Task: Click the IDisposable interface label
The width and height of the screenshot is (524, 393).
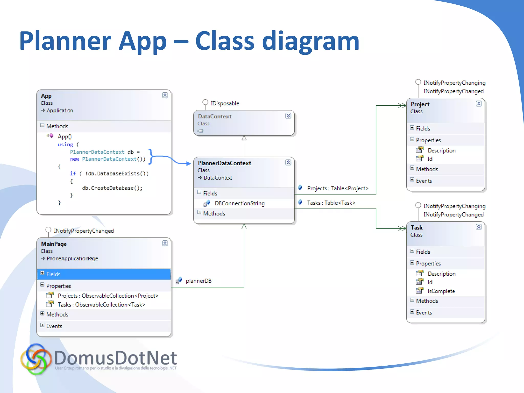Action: [225, 103]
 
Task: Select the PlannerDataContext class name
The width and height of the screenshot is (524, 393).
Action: [224, 163]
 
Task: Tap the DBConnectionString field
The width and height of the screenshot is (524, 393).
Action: [239, 203]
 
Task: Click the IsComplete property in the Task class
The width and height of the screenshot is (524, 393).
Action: [441, 291]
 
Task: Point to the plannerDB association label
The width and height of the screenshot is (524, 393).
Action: [198, 281]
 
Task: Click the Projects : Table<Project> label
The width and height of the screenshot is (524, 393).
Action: [337, 189]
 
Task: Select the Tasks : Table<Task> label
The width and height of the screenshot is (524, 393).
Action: [331, 203]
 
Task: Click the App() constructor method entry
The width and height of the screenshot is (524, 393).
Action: [65, 137]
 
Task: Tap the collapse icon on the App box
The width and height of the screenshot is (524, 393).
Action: [165, 95]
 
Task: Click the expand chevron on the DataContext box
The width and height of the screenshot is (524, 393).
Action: [288, 116]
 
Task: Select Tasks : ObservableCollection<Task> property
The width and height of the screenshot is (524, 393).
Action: [101, 305]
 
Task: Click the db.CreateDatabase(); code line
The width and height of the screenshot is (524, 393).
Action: [112, 188]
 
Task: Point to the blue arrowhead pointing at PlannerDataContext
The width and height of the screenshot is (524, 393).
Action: [189, 163]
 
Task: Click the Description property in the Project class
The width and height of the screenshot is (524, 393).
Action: [441, 151]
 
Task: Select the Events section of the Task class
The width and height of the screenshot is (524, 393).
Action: [424, 313]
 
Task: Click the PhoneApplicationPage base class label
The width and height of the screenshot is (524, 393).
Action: [72, 259]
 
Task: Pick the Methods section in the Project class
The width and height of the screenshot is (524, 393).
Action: [427, 169]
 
